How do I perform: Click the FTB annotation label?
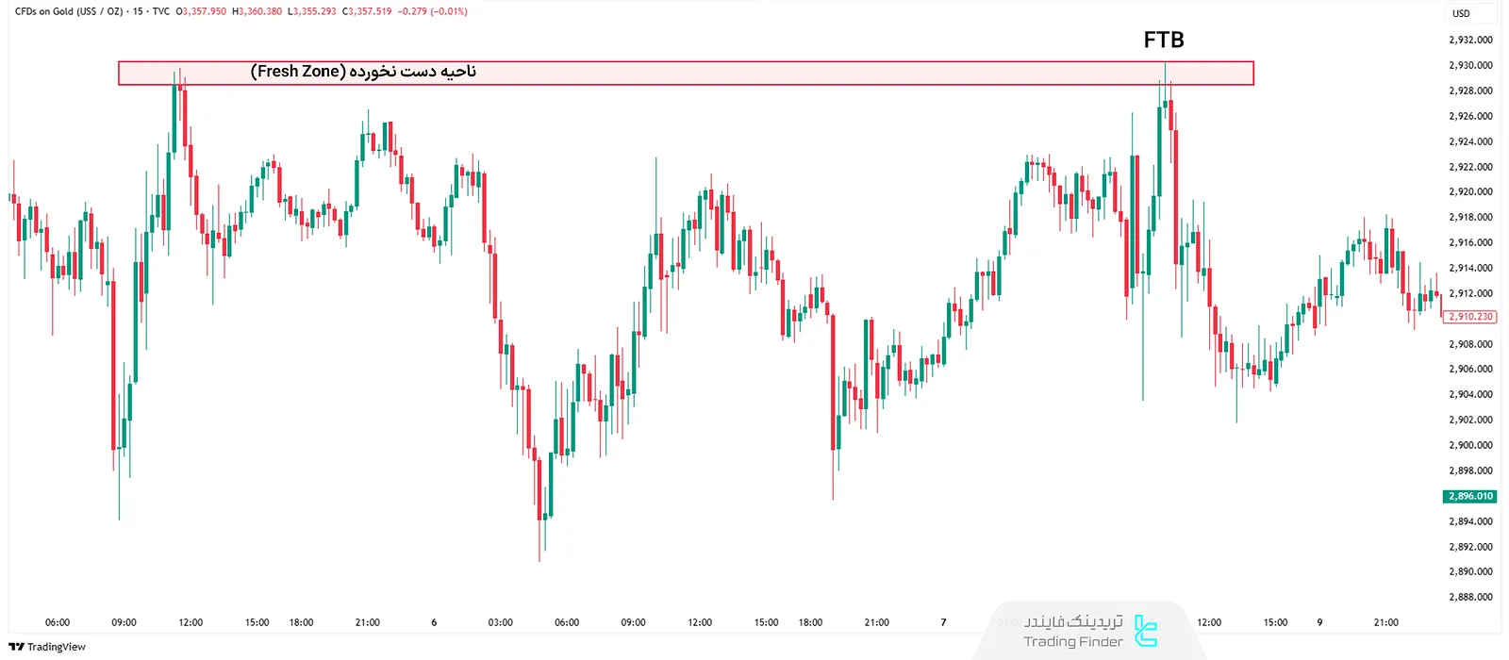pos(1163,40)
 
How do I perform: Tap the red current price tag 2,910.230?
pos(1470,317)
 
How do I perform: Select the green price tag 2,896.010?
pos(1470,496)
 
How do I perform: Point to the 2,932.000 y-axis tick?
pos(1470,40)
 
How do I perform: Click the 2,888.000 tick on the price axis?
pos(1470,597)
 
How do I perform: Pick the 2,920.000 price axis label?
pos(1470,191)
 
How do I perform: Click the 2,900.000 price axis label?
pos(1470,445)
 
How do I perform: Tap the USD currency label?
pos(1461,13)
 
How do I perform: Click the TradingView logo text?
pos(48,647)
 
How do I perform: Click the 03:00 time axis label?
pos(500,622)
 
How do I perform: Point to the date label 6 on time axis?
pos(434,622)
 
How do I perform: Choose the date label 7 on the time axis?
pos(943,622)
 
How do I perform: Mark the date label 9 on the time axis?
pos(1319,622)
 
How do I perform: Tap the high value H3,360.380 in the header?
pos(257,11)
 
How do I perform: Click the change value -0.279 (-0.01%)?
pos(433,11)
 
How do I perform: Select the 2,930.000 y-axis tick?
pos(1470,65)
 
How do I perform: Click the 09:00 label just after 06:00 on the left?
pos(124,622)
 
